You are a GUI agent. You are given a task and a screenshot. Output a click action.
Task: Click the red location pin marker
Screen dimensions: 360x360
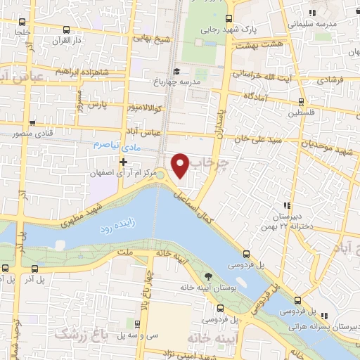(181, 165)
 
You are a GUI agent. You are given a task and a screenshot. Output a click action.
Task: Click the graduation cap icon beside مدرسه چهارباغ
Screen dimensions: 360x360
(176, 71)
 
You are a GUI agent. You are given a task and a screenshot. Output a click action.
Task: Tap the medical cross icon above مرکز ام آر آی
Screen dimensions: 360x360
(124, 162)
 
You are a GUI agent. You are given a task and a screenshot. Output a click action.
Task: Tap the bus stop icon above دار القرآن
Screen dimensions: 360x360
(65, 30)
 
